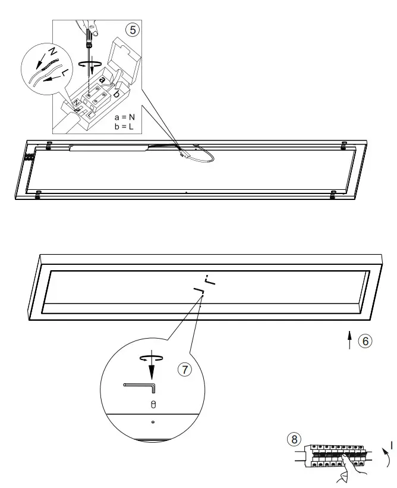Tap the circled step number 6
click(366, 341)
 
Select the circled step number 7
click(185, 369)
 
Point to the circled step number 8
click(293, 439)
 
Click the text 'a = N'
click(125, 118)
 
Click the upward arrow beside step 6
click(349, 340)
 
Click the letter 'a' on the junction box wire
click(102, 79)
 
